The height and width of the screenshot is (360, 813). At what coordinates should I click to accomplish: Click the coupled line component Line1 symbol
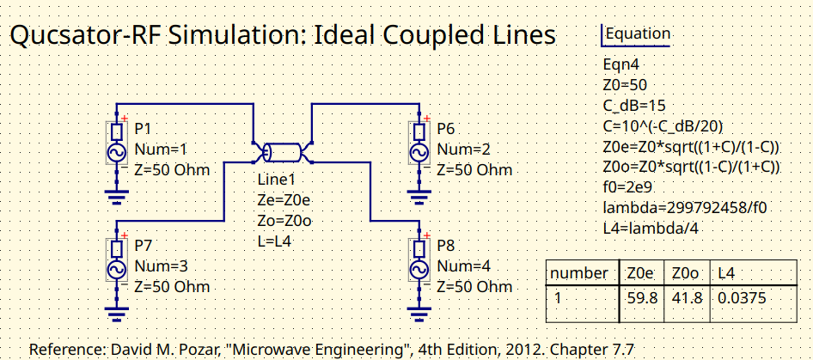coord(283,153)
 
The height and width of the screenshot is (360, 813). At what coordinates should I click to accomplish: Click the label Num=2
coord(465,149)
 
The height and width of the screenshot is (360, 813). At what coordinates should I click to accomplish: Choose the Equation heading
coord(638,34)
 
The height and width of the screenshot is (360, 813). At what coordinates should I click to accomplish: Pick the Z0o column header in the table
coord(686,273)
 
